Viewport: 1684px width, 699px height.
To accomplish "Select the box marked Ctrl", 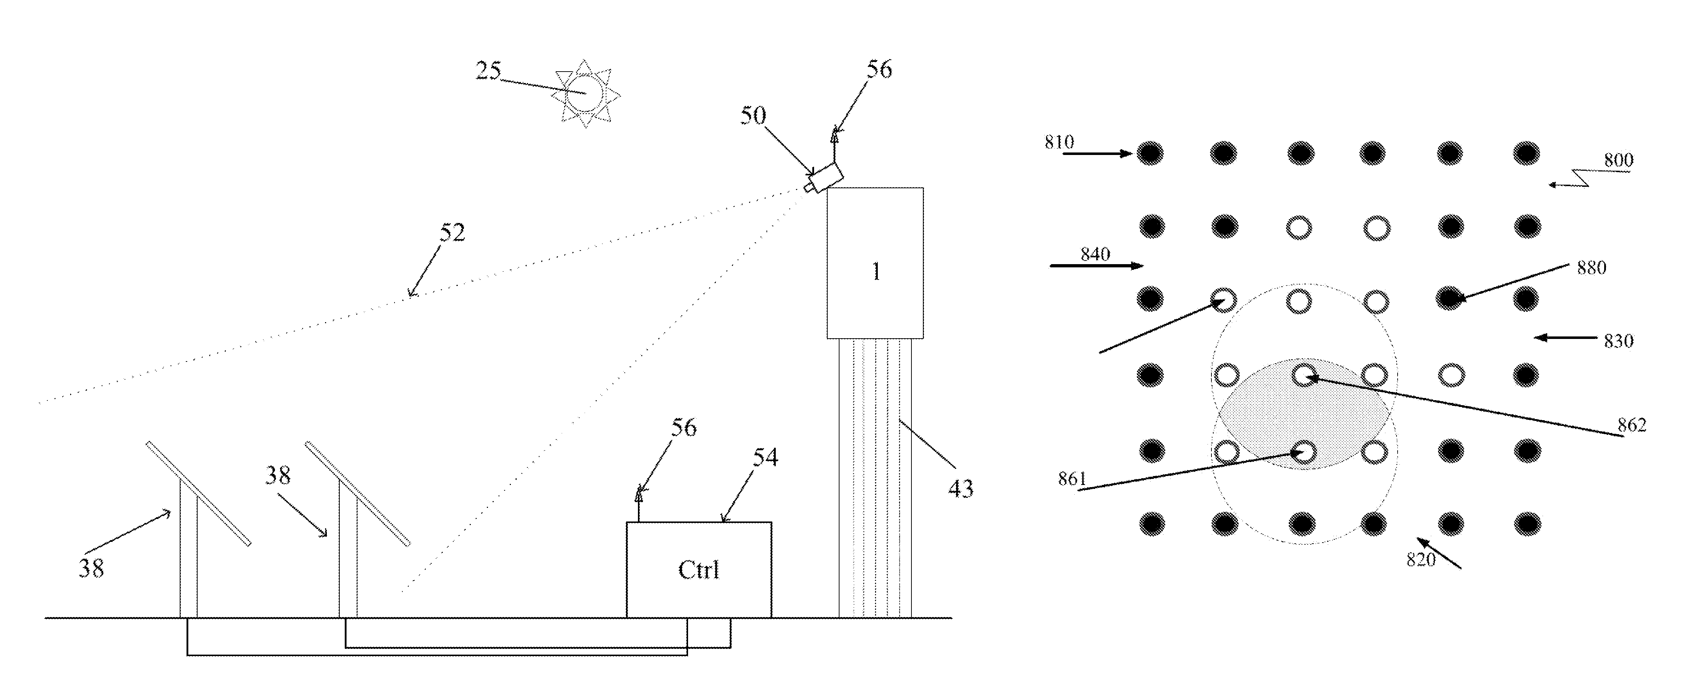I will pyautogui.click(x=698, y=570).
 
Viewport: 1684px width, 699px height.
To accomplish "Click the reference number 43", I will pyautogui.click(x=960, y=489).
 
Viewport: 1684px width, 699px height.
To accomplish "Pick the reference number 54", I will pyautogui.click(x=765, y=457).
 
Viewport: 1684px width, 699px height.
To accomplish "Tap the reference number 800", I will pyautogui.click(x=1618, y=160).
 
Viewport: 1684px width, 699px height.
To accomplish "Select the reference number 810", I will pyautogui.click(x=1059, y=142).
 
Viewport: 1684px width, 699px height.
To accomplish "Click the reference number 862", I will pyautogui.click(x=1632, y=425).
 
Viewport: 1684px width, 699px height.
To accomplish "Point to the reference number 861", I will pyautogui.click(x=1072, y=479).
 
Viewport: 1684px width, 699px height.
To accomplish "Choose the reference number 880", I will pyautogui.click(x=1591, y=268).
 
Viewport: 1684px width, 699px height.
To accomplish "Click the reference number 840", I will pyautogui.click(x=1095, y=254).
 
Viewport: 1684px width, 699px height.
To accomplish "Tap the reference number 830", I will pyautogui.click(x=1618, y=341).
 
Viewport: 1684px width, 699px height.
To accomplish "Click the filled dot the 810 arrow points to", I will pyautogui.click(x=1150, y=154).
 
